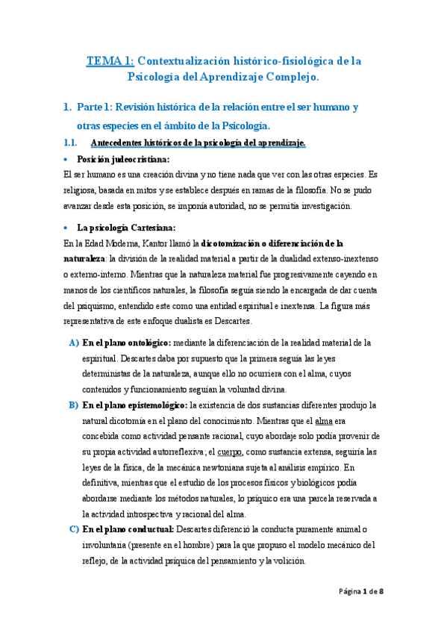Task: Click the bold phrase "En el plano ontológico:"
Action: pos(127,343)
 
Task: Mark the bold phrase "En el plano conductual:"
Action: pos(128,529)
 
